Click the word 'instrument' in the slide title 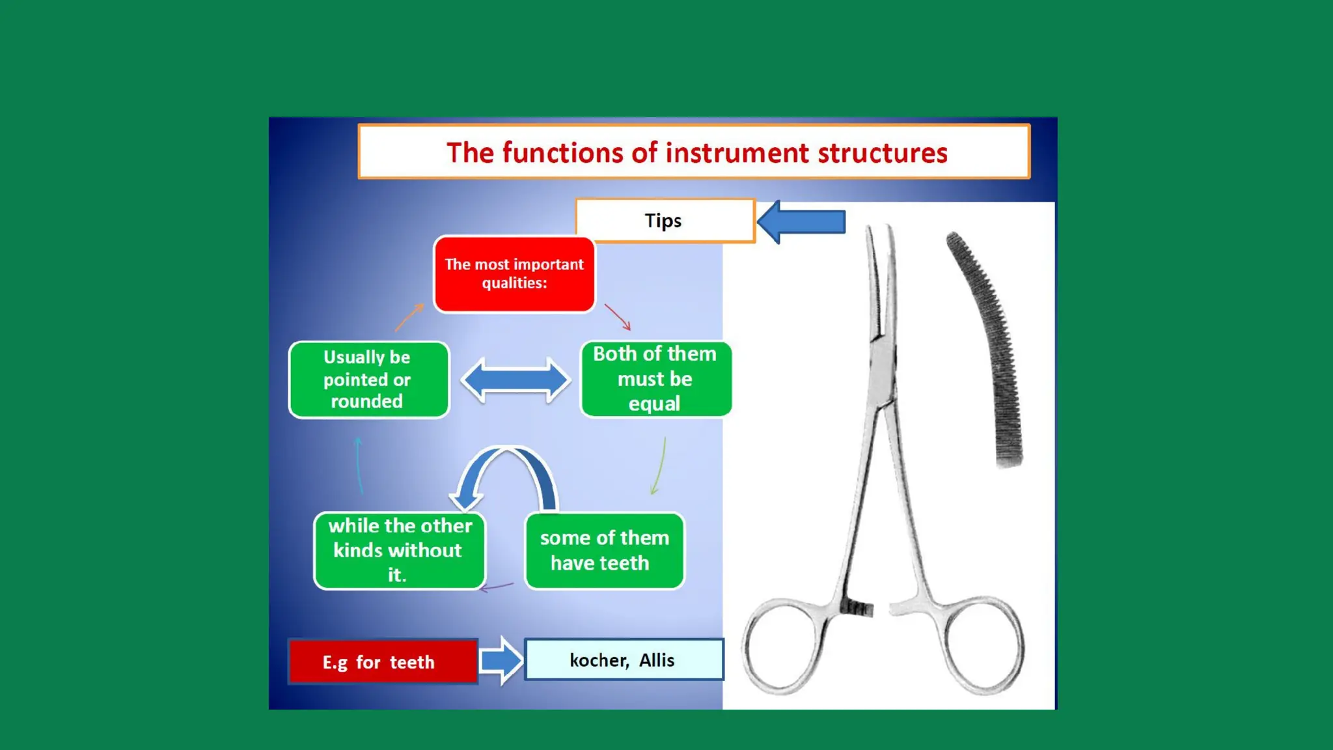click(x=737, y=153)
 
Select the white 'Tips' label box click(x=665, y=221)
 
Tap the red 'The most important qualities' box click(x=514, y=274)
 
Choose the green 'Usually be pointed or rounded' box click(x=368, y=380)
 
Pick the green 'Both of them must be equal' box click(x=655, y=379)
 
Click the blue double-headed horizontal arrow click(x=515, y=380)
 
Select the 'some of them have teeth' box click(x=604, y=551)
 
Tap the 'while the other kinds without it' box click(x=399, y=551)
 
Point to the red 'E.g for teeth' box click(x=383, y=661)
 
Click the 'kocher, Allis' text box click(x=624, y=660)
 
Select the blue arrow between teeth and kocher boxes click(x=501, y=660)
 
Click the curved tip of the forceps click(x=879, y=260)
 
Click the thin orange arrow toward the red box click(x=409, y=317)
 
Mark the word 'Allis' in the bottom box click(x=656, y=660)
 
